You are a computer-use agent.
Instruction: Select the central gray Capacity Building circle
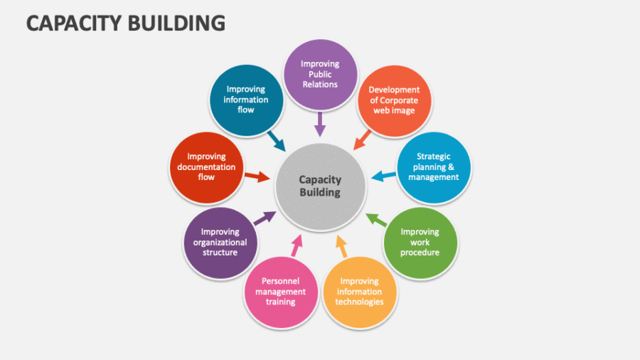[319, 186]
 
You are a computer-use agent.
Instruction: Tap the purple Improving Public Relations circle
[320, 74]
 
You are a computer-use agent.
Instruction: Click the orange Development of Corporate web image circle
[393, 100]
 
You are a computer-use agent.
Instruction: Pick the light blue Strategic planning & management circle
[433, 166]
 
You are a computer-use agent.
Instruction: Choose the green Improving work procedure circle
[420, 243]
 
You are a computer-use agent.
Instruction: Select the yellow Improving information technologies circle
[359, 291]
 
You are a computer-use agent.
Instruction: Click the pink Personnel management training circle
[279, 291]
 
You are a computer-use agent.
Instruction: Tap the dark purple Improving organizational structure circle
[220, 243]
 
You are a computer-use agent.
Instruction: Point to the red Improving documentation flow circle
[206, 166]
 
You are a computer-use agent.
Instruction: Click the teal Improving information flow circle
[246, 100]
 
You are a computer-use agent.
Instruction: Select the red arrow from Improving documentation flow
[257, 176]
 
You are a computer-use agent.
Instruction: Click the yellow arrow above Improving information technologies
[341, 245]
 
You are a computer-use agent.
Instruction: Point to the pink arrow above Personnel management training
[297, 245]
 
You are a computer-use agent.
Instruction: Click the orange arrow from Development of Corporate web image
[363, 138]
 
